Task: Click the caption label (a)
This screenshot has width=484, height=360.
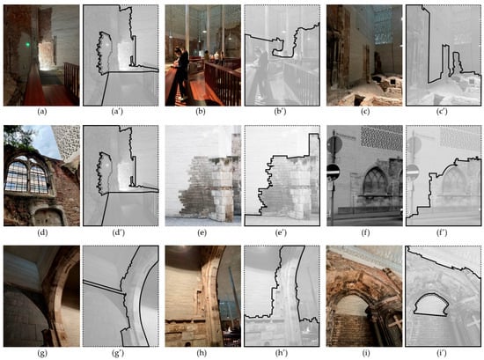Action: [42, 112]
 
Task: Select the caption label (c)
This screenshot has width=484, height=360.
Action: [365, 112]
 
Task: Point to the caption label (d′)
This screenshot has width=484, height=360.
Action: [119, 232]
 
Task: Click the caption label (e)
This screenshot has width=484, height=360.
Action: [202, 232]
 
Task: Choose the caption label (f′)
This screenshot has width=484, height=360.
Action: [443, 232]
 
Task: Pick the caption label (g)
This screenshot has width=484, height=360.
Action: [42, 353]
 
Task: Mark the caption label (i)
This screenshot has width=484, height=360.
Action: [365, 353]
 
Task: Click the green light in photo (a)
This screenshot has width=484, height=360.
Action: [28, 45]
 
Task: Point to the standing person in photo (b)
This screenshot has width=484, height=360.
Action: [181, 73]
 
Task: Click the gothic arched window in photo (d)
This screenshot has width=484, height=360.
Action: [27, 176]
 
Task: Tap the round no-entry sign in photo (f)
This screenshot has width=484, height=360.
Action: [334, 172]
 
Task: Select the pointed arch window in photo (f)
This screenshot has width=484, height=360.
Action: [375, 182]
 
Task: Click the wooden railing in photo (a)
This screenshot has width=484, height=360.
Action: [71, 81]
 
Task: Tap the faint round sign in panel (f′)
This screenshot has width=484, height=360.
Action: [413, 172]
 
